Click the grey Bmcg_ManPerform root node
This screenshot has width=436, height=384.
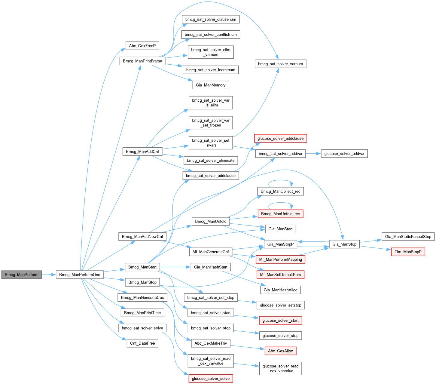(22, 275)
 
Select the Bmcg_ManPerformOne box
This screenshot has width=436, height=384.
(80, 275)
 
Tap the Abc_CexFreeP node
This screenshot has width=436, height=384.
(142, 46)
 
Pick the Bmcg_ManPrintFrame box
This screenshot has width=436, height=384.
(142, 61)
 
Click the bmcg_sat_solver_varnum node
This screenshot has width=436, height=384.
(280, 64)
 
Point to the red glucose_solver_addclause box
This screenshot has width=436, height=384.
(281, 138)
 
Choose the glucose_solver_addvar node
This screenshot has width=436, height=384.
(344, 154)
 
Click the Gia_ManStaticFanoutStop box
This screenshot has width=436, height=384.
(408, 236)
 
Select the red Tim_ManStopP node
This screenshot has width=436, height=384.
(408, 252)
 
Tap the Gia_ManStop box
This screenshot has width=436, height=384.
(344, 244)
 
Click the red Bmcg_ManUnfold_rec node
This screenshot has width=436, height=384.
(280, 214)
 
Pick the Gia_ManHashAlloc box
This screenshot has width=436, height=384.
(280, 290)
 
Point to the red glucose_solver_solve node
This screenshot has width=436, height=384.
(211, 379)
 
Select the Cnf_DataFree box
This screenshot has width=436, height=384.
(142, 343)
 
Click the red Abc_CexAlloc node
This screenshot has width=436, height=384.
(280, 351)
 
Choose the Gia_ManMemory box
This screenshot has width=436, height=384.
(211, 85)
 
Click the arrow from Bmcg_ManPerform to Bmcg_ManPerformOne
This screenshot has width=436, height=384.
(49, 275)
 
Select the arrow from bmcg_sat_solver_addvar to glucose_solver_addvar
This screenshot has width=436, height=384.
(313, 154)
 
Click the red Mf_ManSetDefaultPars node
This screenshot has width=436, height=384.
(280, 275)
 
